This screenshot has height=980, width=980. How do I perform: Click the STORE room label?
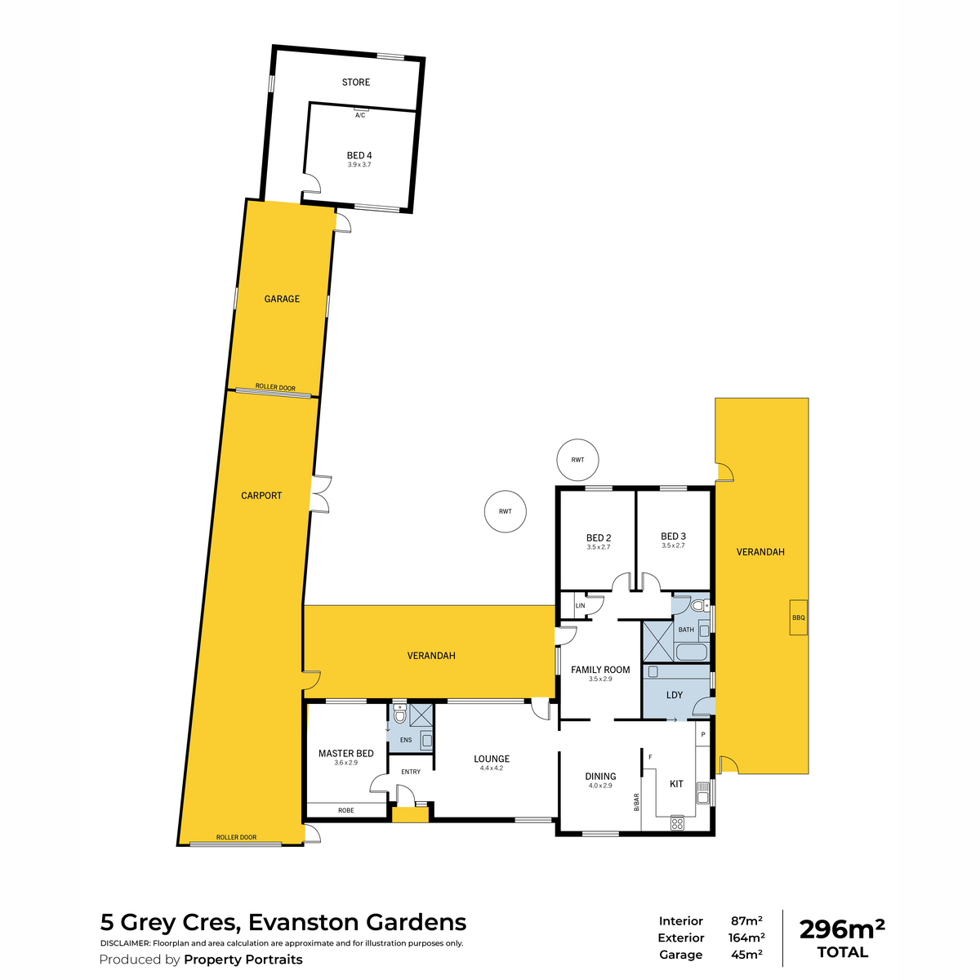(355, 82)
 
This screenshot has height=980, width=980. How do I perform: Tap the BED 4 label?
(359, 155)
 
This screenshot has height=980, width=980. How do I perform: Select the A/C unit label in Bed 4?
(360, 115)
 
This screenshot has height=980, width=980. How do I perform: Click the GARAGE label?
(282, 299)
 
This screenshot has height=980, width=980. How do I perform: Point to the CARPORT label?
(261, 496)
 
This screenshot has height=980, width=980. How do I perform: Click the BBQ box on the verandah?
(799, 617)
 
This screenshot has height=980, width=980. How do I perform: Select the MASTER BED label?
(345, 753)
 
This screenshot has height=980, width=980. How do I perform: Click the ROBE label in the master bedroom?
(345, 810)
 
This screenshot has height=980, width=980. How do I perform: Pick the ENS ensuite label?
(406, 740)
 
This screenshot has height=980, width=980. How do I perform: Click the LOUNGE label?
(492, 759)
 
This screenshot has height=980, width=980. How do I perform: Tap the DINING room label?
(600, 776)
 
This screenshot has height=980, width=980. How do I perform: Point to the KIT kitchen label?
(676, 784)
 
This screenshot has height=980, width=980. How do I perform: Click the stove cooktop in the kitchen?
(677, 823)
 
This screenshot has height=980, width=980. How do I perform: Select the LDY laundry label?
(675, 695)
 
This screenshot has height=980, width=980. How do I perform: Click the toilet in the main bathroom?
(699, 606)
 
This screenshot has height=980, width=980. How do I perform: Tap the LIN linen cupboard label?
(581, 606)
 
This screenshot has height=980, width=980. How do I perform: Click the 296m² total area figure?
(842, 929)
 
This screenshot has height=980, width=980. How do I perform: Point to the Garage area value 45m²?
(746, 955)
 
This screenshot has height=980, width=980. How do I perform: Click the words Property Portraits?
(243, 959)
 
